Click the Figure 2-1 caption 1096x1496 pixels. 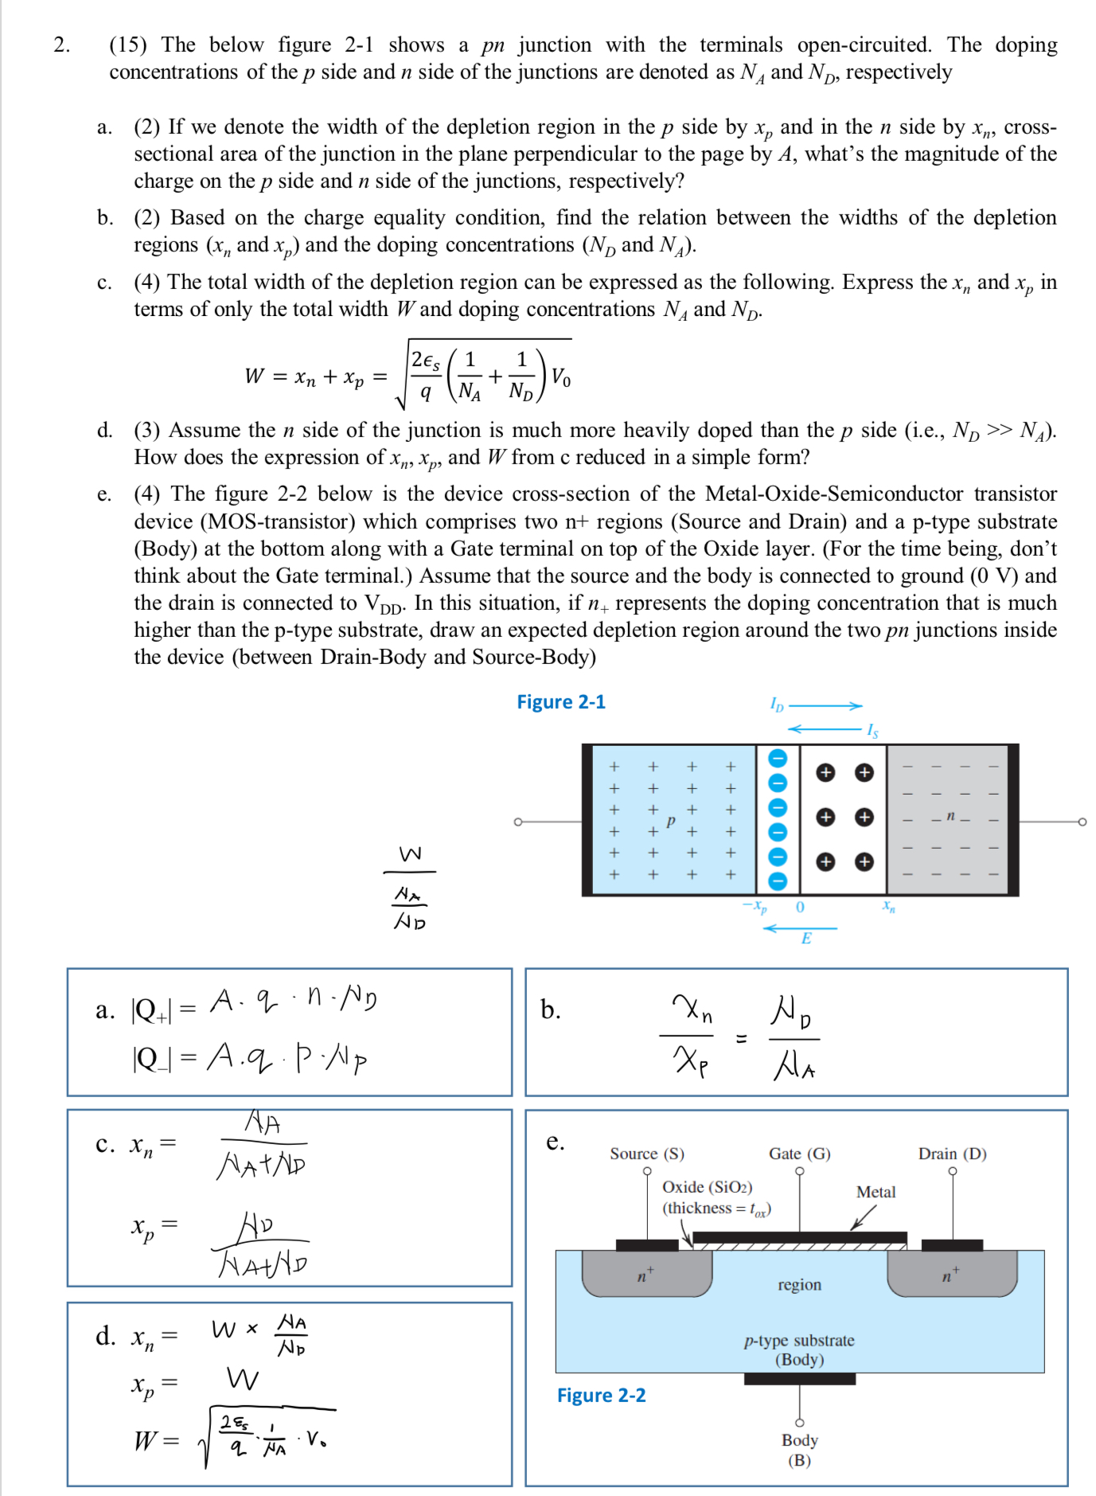560,701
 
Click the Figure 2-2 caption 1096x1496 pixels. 601,1395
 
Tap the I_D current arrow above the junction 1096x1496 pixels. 825,705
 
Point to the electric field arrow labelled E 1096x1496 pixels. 801,928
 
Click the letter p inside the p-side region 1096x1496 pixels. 671,819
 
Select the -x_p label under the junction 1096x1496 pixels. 754,907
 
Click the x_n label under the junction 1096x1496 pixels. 889,906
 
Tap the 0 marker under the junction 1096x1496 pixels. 800,907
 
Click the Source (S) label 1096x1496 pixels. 646,1154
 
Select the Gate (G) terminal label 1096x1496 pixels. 799,1154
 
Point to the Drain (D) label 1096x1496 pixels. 952,1154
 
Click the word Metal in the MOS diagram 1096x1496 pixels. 876,1192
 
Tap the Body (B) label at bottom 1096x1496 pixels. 799,1449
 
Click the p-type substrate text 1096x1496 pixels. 799,1341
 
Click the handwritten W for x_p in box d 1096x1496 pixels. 242,1378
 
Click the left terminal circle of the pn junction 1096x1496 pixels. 518,821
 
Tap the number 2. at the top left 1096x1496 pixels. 61,45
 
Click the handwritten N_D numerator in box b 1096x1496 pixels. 791,1013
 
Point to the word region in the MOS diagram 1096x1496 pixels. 799,1284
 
